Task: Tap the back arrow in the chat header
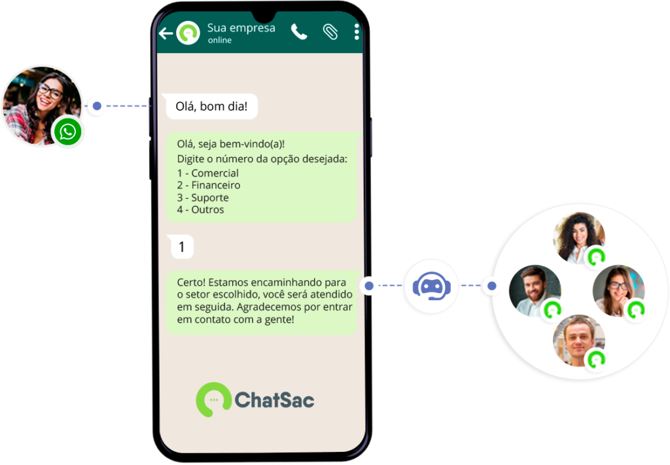point(166,33)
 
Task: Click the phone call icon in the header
point(299,31)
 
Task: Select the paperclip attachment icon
point(330,31)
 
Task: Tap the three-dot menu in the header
point(357,31)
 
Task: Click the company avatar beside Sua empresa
point(188,33)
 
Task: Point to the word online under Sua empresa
point(220,40)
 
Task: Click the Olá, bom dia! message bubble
point(212,107)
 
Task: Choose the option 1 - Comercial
point(207,173)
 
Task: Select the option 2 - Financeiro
point(209,185)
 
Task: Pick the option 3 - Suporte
point(203,198)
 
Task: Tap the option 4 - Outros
point(200,210)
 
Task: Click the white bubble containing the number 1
point(182,247)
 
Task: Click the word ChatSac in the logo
point(274,400)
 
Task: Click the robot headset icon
point(432,286)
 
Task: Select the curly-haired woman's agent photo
point(579,237)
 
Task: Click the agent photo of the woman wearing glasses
point(618,291)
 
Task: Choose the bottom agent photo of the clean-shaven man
point(579,341)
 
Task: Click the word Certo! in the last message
point(191,283)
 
